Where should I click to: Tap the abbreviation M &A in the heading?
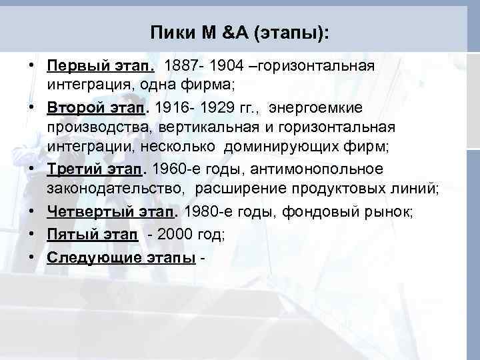point(223,32)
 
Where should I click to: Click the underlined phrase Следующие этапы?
point(121,257)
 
